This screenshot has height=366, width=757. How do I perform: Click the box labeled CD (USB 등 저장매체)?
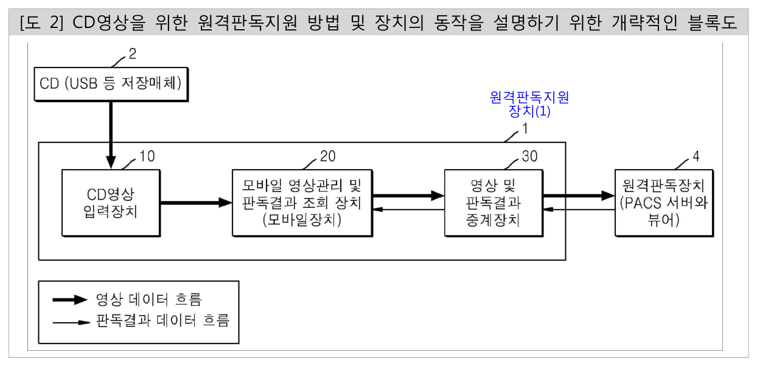tap(111, 84)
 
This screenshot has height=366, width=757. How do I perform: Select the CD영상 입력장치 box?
tap(111, 203)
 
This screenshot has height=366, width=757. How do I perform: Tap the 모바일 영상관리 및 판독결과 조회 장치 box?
tap(302, 203)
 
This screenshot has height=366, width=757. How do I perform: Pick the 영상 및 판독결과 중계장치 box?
tap(494, 203)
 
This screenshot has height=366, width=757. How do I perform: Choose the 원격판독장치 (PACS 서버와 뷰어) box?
tap(665, 203)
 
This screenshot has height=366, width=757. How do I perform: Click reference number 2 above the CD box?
tap(133, 54)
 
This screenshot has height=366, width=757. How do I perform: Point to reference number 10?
tap(147, 156)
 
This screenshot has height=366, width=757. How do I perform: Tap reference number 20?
tap(327, 156)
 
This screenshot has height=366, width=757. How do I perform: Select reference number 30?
tap(529, 156)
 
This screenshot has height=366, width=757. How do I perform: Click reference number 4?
tap(696, 156)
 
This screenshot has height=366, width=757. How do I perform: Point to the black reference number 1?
tap(525, 129)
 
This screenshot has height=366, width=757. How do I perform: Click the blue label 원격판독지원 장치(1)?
tap(529, 105)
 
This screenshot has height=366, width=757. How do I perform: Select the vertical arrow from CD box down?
tap(111, 135)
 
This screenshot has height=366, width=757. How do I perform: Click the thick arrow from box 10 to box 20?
tap(197, 202)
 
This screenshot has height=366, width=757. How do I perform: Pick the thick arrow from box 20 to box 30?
tap(408, 196)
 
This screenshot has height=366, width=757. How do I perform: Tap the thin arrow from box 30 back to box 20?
tap(408, 210)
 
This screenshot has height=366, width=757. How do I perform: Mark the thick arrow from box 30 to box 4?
tap(579, 196)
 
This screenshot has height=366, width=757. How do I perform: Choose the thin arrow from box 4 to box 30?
tap(579, 210)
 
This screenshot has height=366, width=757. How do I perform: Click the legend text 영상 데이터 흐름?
tap(149, 300)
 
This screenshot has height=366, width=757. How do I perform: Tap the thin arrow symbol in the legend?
tap(71, 322)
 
